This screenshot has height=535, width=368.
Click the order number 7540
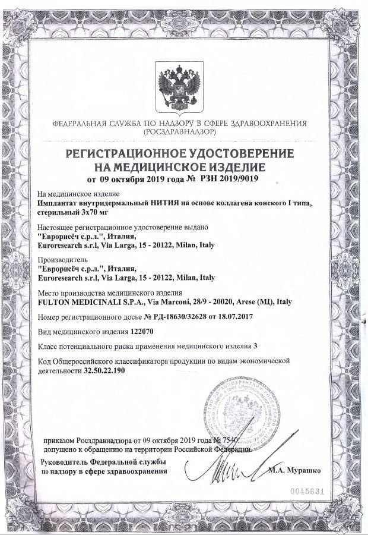[229, 440]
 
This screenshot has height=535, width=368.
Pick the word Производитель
[62, 260]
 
